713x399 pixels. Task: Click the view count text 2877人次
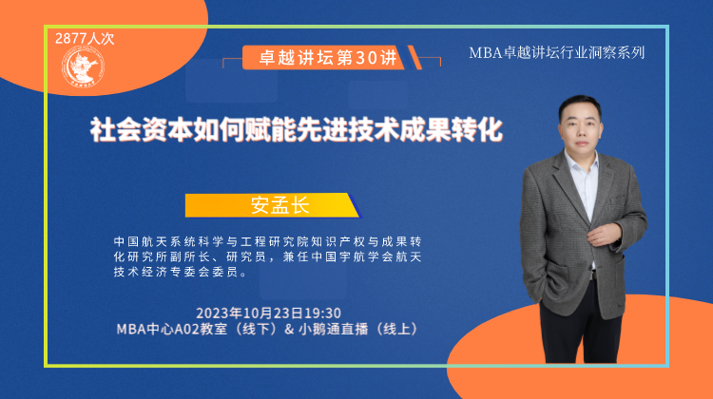click(x=85, y=39)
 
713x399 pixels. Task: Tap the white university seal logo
click(x=83, y=67)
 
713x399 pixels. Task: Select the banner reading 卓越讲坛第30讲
click(x=328, y=58)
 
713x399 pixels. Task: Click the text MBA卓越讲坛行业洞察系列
click(x=556, y=52)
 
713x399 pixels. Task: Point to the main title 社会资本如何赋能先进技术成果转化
click(x=296, y=129)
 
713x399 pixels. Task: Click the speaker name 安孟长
click(x=280, y=205)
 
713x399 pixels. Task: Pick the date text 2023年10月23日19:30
click(x=268, y=313)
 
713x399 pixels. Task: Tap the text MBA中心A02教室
click(x=172, y=329)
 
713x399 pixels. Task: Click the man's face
click(x=582, y=128)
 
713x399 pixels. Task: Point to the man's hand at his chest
click(x=604, y=235)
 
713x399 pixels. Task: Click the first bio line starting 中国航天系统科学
click(x=268, y=241)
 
